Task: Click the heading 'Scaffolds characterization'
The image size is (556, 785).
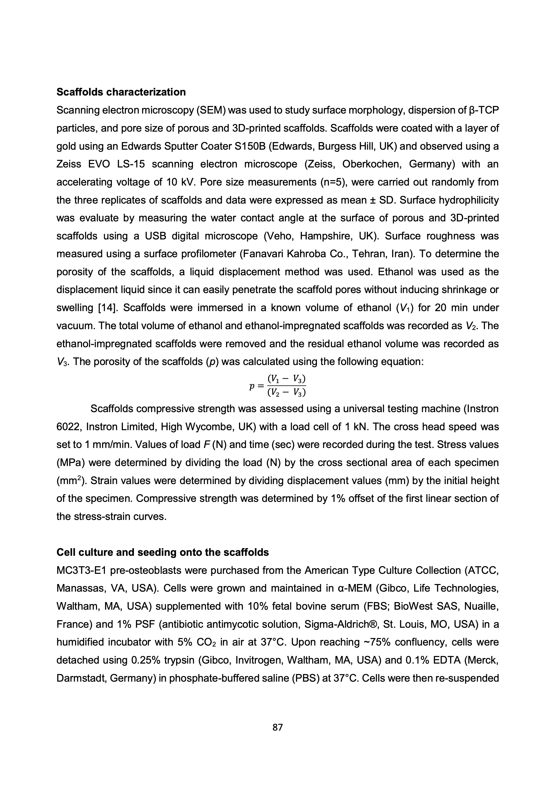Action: pyautogui.click(x=121, y=92)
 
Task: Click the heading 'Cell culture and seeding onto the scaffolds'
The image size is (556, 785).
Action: pyautogui.click(x=163, y=552)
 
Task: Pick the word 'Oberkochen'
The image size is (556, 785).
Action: pyautogui.click(x=372, y=164)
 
